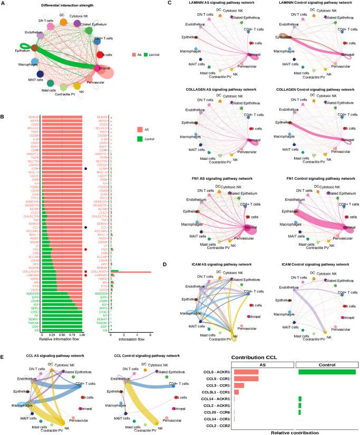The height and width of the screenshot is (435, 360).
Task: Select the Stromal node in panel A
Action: pyautogui.click(x=98, y=68)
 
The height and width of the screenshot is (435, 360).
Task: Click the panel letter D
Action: pyautogui.click(x=168, y=264)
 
